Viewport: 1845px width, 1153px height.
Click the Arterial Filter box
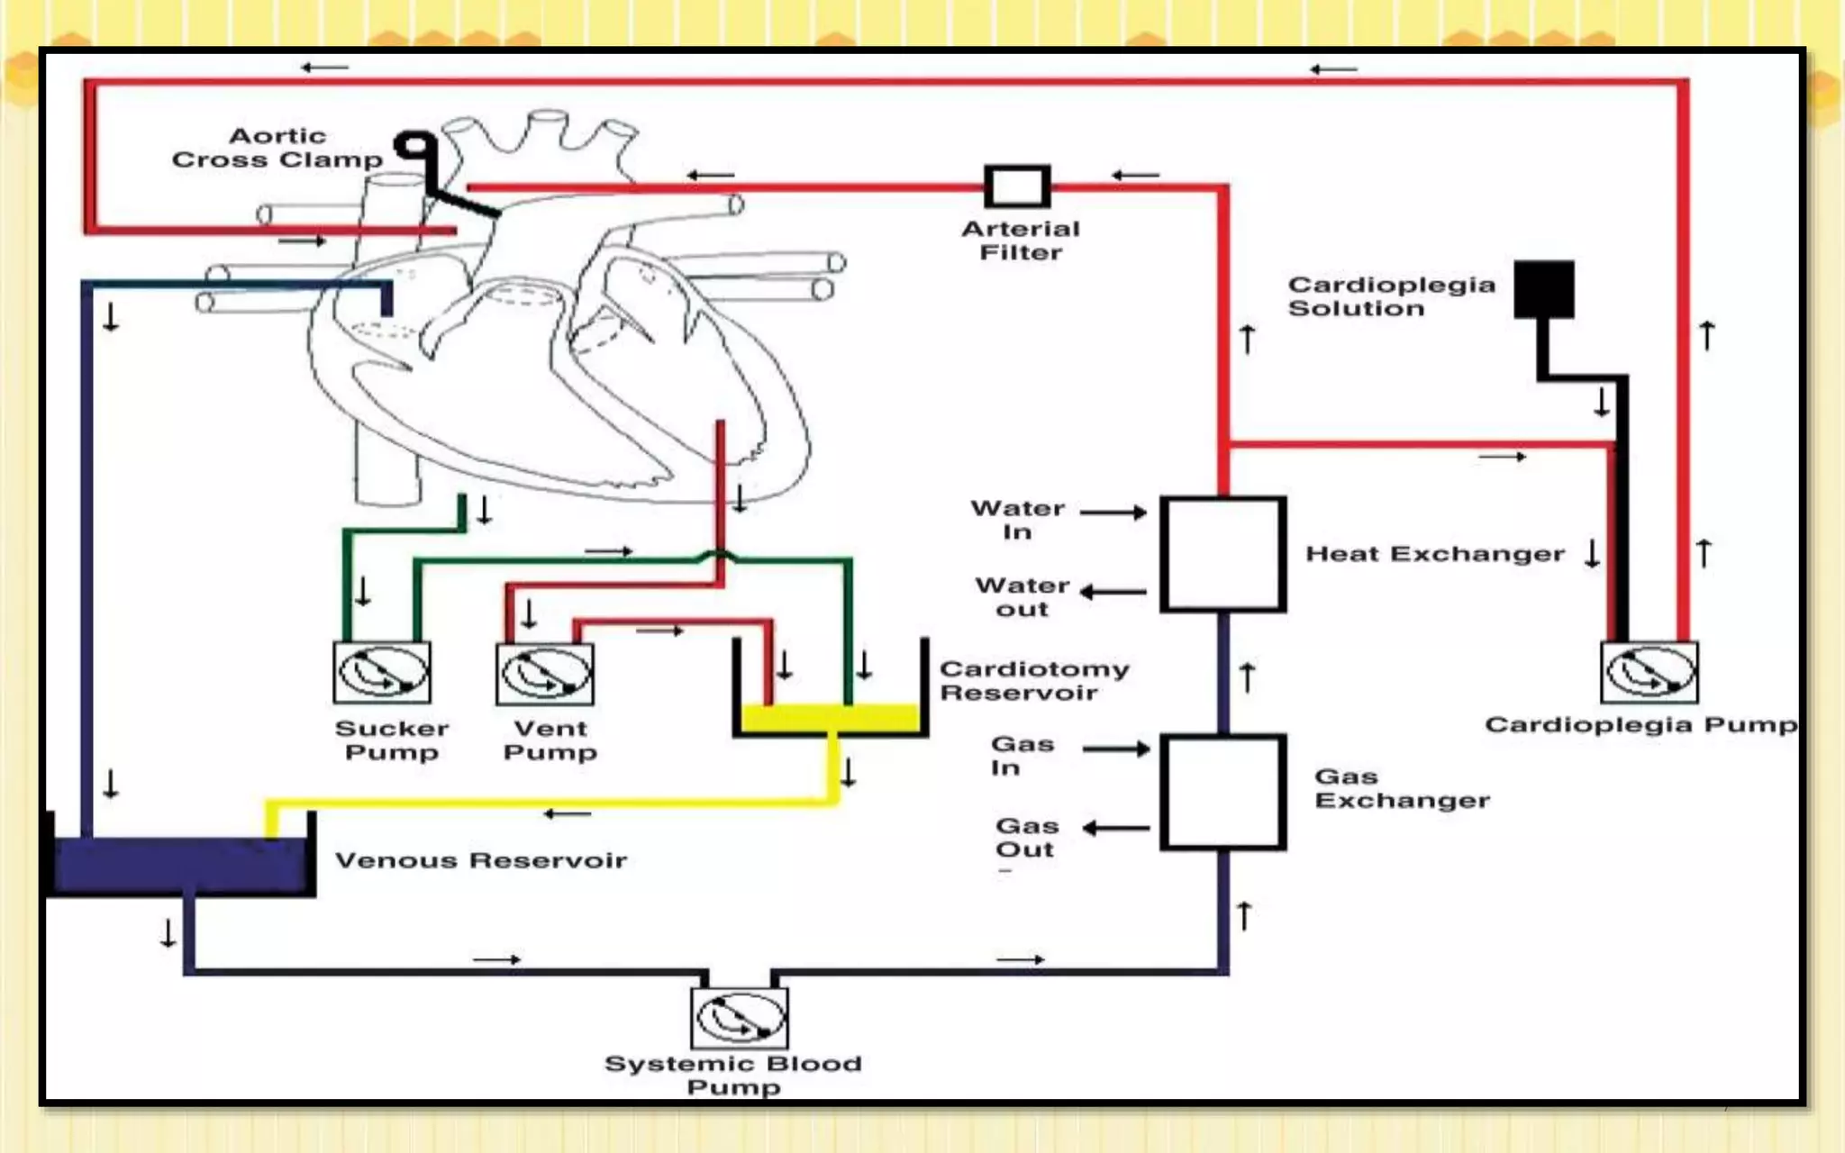point(1017,186)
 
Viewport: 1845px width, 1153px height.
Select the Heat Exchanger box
point(1222,554)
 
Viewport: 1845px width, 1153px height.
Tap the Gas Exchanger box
point(1222,793)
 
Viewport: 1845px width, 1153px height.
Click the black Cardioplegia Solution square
point(1544,289)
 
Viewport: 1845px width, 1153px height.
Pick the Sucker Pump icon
point(382,672)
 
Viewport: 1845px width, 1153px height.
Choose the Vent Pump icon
point(545,673)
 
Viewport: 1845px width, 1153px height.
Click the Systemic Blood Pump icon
point(740,1018)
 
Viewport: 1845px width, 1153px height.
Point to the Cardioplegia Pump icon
point(1650,672)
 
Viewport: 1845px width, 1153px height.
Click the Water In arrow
point(1113,513)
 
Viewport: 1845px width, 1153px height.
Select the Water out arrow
point(1113,592)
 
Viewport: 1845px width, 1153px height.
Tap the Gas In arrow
point(1116,749)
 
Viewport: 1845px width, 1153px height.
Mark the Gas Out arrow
point(1116,828)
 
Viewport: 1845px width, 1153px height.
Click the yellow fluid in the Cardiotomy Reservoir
point(830,718)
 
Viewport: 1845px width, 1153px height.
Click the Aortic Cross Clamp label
point(277,148)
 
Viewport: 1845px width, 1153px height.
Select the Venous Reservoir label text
point(481,860)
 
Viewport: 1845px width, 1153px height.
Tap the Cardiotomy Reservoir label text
point(1033,681)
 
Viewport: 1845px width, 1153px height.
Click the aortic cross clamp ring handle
point(414,146)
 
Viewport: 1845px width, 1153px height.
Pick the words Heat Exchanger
point(1435,554)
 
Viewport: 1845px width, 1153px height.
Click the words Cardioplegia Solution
point(1391,296)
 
